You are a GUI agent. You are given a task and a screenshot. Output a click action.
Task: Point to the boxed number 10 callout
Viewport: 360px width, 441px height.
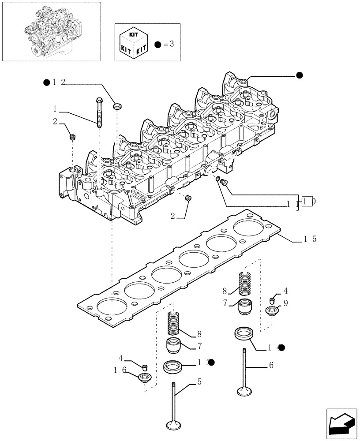coord(309,202)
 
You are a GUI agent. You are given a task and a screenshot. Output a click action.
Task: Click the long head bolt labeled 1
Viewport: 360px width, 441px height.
coord(99,113)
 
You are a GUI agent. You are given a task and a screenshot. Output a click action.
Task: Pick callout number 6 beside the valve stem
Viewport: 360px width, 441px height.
coord(271,365)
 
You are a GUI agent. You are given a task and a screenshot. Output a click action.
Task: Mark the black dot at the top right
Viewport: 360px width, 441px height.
coord(300,75)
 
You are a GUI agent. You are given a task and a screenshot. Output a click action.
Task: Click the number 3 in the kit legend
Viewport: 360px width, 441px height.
coord(172,45)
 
